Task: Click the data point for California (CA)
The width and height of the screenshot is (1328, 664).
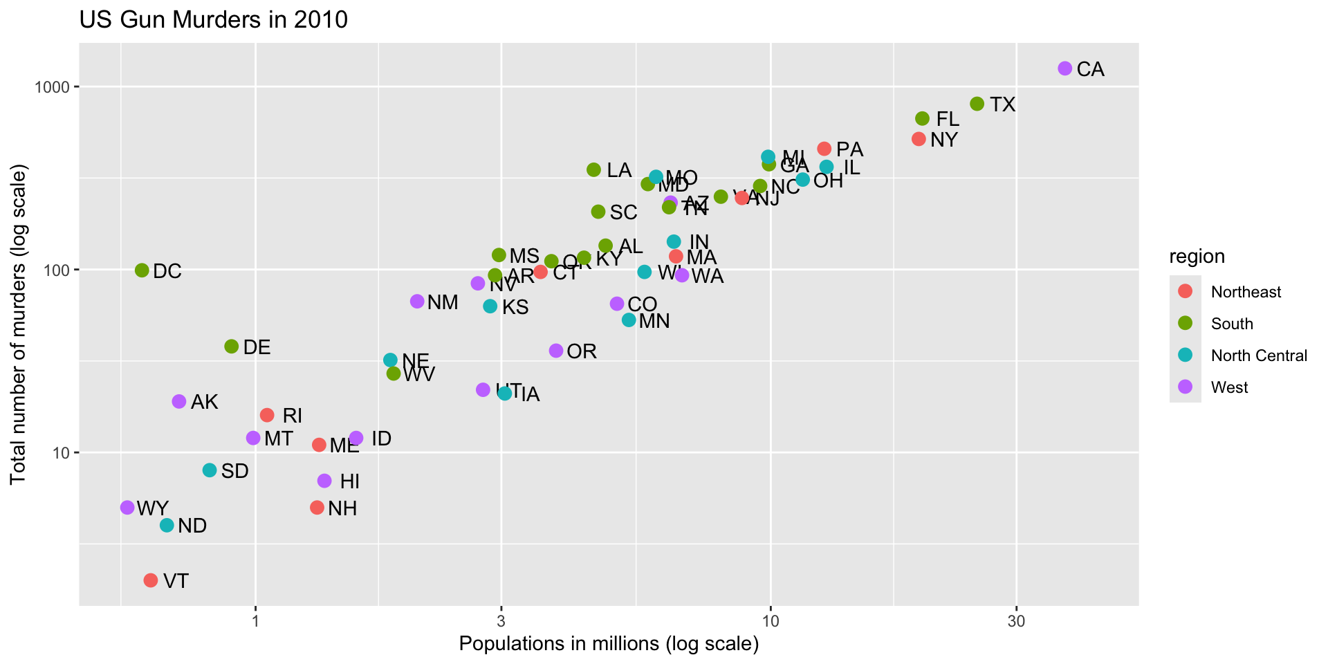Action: pyautogui.click(x=1064, y=68)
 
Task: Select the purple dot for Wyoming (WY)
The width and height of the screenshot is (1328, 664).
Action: pyautogui.click(x=127, y=508)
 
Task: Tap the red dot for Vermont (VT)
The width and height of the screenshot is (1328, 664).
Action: pyautogui.click(x=151, y=580)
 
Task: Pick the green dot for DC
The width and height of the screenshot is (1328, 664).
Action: pyautogui.click(x=142, y=270)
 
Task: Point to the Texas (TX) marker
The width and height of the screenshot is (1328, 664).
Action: pyautogui.click(x=977, y=104)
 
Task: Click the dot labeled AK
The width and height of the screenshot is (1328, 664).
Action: pyautogui.click(x=179, y=402)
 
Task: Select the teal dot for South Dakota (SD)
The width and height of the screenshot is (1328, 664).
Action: pyautogui.click(x=210, y=470)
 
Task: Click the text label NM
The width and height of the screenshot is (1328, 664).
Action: pyautogui.click(x=443, y=302)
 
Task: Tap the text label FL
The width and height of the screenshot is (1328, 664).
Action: pyautogui.click(x=948, y=120)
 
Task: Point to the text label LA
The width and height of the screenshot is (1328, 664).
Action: pyautogui.click(x=619, y=170)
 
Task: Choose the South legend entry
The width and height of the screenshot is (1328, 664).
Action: pyautogui.click(x=1232, y=324)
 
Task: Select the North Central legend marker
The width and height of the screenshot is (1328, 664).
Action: pyautogui.click(x=1186, y=356)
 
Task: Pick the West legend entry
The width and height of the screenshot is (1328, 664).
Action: pyautogui.click(x=1229, y=387)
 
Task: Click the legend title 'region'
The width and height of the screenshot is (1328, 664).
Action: pyautogui.click(x=1197, y=257)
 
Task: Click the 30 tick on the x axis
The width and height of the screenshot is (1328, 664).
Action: pyautogui.click(x=1016, y=621)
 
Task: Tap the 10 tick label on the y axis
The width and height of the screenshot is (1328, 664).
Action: pyautogui.click(x=62, y=453)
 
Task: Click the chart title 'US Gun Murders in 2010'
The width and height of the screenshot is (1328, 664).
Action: pyautogui.click(x=214, y=19)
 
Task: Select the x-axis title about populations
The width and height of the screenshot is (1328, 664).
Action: pyautogui.click(x=609, y=644)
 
